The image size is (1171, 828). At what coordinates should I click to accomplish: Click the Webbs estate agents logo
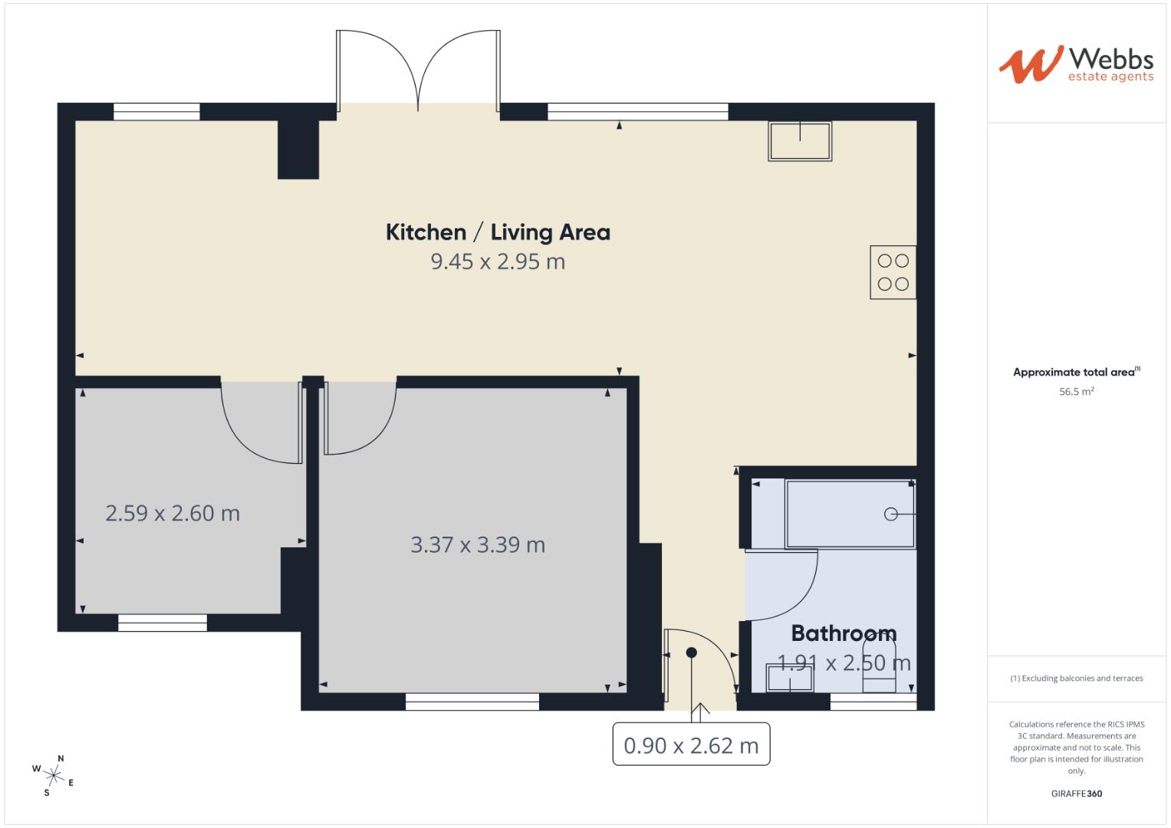click(1075, 64)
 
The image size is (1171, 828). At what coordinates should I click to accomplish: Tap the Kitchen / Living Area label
click(498, 232)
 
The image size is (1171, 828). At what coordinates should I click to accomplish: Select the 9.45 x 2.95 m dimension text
click(498, 262)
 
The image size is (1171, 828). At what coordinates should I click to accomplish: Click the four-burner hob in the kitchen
click(893, 272)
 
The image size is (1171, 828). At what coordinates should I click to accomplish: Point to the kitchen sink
click(800, 141)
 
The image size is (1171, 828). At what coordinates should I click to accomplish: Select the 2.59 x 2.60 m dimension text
click(173, 514)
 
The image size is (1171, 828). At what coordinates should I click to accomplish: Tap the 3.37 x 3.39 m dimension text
click(478, 545)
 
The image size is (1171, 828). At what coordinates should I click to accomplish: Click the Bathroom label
click(844, 633)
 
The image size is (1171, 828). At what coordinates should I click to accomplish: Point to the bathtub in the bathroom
click(850, 514)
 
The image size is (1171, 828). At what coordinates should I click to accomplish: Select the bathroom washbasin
click(789, 678)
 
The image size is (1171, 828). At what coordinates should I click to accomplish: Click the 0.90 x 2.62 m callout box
click(691, 745)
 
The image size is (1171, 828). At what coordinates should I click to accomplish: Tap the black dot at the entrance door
click(692, 652)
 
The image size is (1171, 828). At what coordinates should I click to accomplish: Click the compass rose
click(54, 774)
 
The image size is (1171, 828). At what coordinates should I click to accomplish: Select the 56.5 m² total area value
click(1076, 392)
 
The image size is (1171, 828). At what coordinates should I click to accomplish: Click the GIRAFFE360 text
click(1076, 793)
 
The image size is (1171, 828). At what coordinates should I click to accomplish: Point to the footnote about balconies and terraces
click(1076, 678)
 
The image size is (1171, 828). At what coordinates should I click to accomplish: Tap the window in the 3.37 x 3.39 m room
click(472, 701)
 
